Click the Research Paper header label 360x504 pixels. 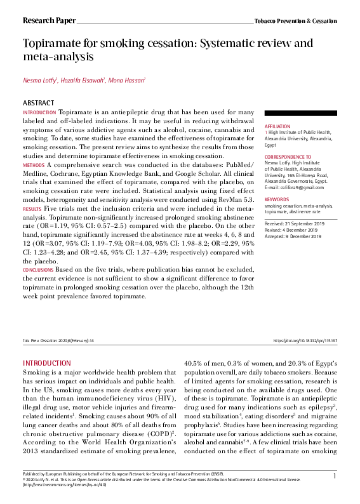[46, 20]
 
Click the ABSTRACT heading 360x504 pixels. [38, 102]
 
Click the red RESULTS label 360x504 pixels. [32, 208]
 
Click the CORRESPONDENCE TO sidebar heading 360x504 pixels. [288, 156]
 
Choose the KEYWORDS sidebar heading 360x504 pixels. [276, 199]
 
